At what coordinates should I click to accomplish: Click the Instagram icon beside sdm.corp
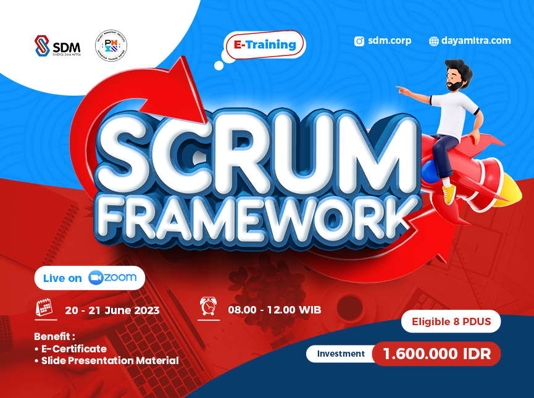pyautogui.click(x=359, y=41)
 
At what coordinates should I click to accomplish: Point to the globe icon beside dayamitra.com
pyautogui.click(x=434, y=41)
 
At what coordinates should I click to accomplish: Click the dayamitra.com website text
pyautogui.click(x=475, y=41)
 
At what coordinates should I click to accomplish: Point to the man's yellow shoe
pyautogui.click(x=449, y=192)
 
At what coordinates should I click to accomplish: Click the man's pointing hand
pyautogui.click(x=403, y=90)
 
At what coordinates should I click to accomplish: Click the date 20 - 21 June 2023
pyautogui.click(x=112, y=310)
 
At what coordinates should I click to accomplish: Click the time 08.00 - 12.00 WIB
pyautogui.click(x=274, y=309)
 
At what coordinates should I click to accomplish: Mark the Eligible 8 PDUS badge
pyautogui.click(x=451, y=321)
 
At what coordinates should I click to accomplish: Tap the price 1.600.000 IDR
pyautogui.click(x=436, y=354)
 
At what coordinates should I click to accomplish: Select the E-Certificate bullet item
pyautogui.click(x=73, y=349)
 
